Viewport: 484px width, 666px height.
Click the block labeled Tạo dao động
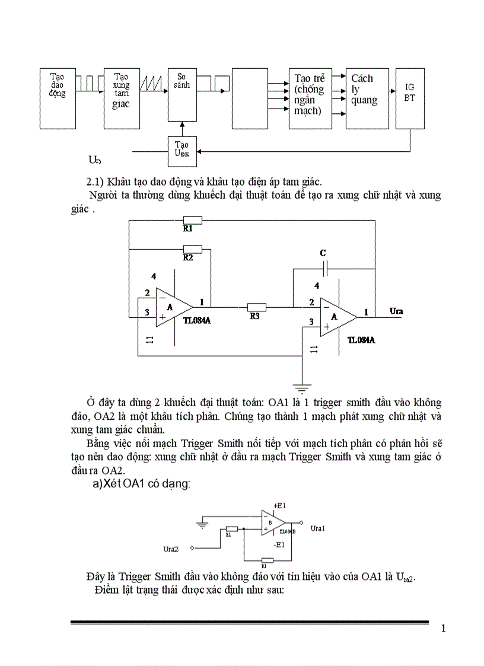(58, 98)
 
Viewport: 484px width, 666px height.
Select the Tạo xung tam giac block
(121, 98)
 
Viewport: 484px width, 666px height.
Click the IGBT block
(410, 98)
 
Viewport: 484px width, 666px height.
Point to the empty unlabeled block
(250, 98)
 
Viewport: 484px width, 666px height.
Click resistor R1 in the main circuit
(192, 220)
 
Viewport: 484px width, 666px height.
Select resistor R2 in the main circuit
(192, 248)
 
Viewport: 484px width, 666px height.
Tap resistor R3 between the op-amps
(256, 307)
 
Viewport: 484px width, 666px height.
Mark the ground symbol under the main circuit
(302, 389)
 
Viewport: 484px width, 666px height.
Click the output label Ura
(397, 311)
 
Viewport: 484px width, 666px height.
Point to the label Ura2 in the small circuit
(171, 549)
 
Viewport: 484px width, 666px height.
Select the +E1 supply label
(279, 505)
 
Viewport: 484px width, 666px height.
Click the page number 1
(443, 629)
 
